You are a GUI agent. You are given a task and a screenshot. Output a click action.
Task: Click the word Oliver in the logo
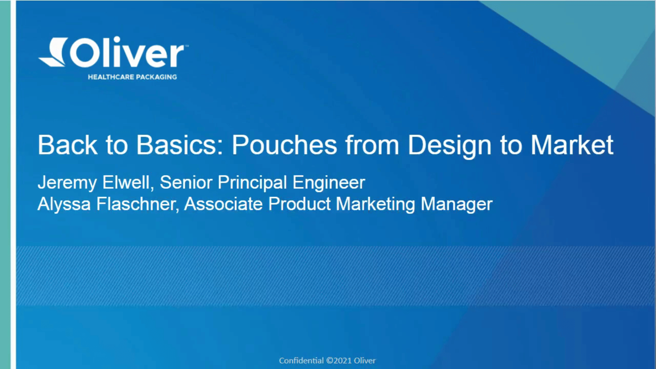click(x=127, y=52)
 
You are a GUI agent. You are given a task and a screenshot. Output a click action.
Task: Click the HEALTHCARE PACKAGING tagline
click(x=132, y=77)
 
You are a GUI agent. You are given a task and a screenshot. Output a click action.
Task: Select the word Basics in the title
click(x=180, y=145)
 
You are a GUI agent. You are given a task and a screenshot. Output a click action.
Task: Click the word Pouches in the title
click(x=285, y=145)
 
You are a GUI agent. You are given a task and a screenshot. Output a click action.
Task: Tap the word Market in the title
click(x=572, y=145)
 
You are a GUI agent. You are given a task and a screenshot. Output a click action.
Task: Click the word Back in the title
click(x=68, y=145)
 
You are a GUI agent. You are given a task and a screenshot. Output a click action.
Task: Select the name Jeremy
click(x=67, y=183)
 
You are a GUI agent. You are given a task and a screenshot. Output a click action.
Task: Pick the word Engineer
click(x=329, y=183)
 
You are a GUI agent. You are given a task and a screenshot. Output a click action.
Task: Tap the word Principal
click(x=252, y=183)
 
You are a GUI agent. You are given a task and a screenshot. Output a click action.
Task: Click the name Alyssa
click(x=64, y=205)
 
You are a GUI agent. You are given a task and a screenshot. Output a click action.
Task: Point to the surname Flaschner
click(x=138, y=204)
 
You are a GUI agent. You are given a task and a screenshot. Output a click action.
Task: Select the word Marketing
click(x=375, y=205)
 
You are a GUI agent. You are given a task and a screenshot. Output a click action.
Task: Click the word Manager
click(x=456, y=205)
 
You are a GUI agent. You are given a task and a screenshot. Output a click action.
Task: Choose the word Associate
click(x=223, y=204)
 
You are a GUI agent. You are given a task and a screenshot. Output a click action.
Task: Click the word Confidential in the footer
click(x=301, y=360)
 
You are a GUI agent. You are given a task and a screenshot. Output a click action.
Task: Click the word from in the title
click(x=372, y=145)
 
